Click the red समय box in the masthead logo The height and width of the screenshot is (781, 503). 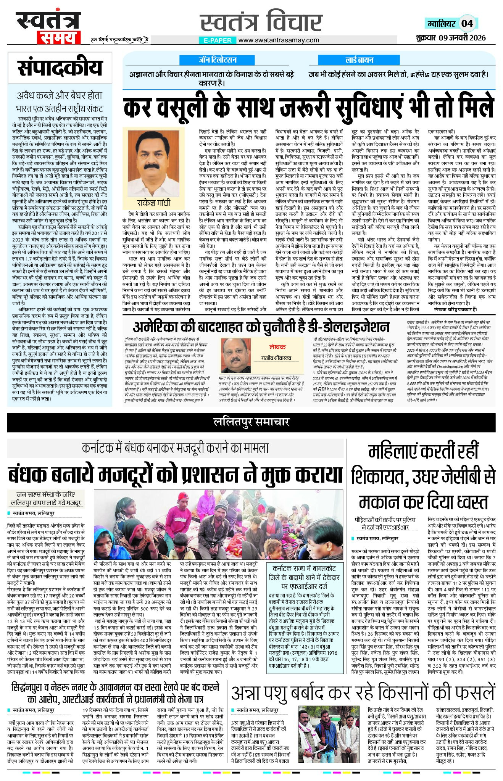click(x=58, y=38)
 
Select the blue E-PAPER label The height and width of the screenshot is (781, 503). click(x=218, y=40)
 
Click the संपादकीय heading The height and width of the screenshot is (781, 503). click(x=60, y=68)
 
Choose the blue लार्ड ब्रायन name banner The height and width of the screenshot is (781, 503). click(x=359, y=60)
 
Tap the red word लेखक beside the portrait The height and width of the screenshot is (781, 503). click(x=277, y=347)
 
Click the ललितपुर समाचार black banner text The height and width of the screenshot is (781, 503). click(x=251, y=422)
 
